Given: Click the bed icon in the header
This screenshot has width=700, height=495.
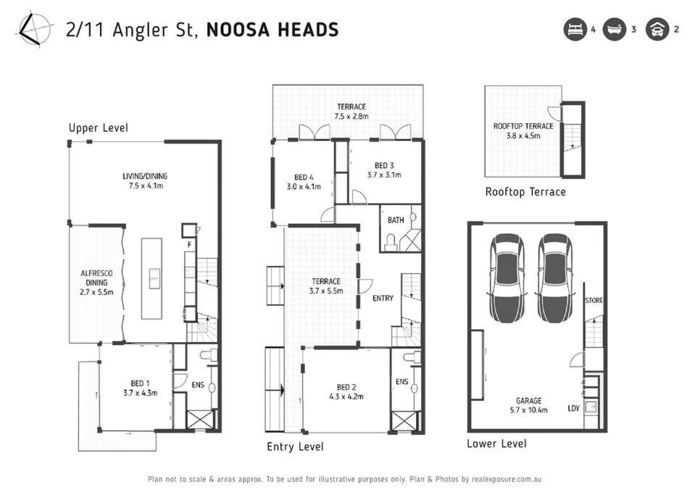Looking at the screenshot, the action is click(575, 30).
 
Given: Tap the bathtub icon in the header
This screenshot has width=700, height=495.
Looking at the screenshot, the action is click(614, 30).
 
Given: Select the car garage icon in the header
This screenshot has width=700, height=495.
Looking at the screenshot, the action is click(657, 30).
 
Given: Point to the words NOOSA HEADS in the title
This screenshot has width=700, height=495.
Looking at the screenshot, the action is click(272, 30).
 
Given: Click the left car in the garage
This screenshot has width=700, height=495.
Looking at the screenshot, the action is click(507, 278).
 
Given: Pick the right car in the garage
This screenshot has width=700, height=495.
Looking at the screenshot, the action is click(555, 278).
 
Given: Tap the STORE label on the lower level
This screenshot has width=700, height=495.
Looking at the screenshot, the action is click(593, 300).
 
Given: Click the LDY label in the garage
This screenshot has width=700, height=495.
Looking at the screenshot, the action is click(573, 408).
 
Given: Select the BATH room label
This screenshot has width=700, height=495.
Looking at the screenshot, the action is click(396, 220).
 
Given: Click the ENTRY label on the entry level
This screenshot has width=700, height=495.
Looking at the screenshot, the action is click(383, 298).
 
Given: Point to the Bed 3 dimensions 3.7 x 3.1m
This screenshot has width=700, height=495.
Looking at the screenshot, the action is click(384, 175).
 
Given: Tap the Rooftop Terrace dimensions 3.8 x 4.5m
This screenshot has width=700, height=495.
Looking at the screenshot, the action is click(523, 136).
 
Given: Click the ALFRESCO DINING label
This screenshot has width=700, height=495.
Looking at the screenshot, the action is click(96, 278).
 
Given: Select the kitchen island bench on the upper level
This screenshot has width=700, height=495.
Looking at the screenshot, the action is click(151, 278).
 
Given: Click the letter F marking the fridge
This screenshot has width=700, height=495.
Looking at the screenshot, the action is click(189, 244).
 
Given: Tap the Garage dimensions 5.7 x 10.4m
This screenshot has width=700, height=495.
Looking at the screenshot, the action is click(528, 409).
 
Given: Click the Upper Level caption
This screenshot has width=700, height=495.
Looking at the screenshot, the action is click(99, 128).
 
